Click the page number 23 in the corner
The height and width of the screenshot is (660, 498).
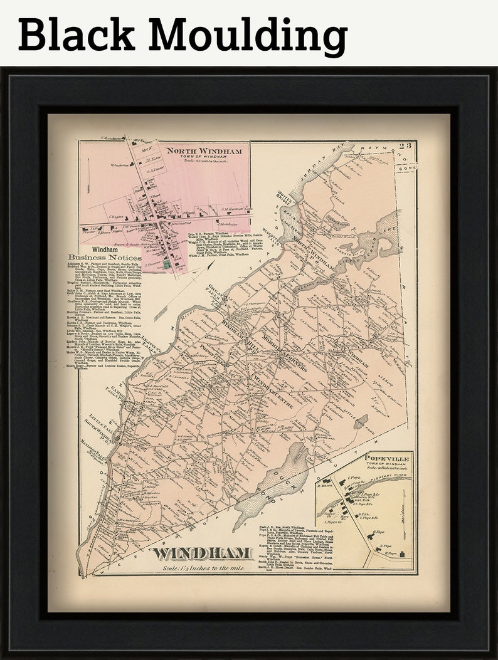click(x=407, y=147)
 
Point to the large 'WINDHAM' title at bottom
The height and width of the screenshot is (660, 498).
click(x=202, y=552)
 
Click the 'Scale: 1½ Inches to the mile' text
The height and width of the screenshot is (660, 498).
click(x=202, y=567)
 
